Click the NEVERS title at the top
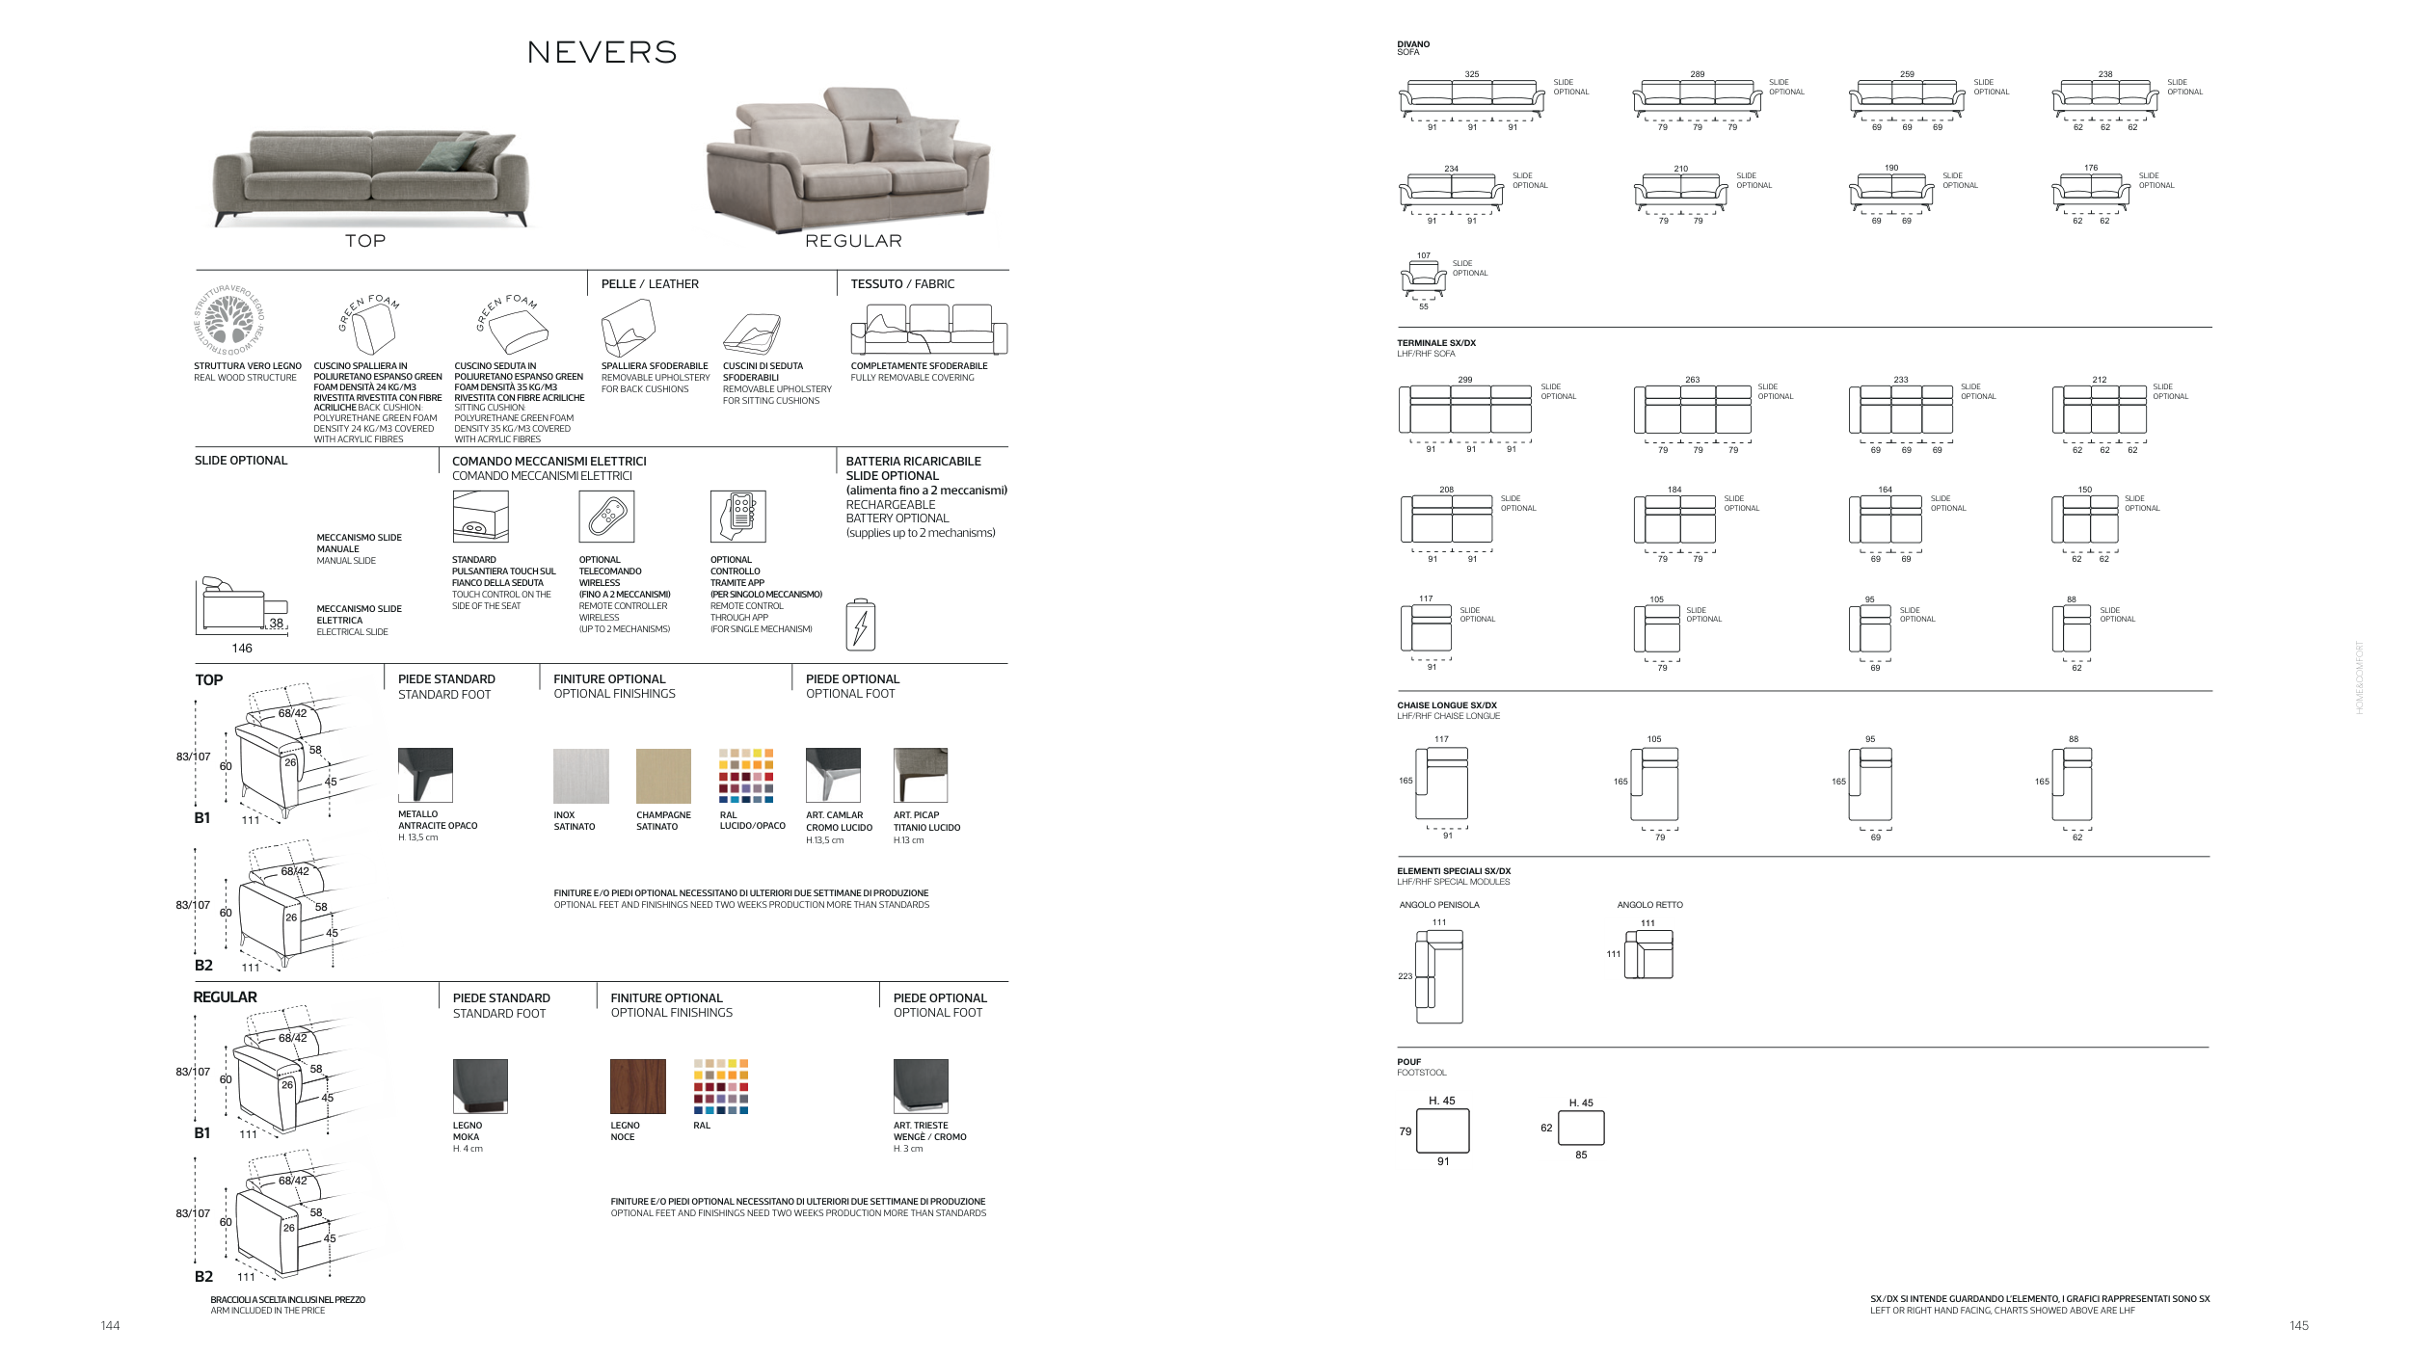[602, 52]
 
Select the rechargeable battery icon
[860, 624]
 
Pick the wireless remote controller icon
[606, 517]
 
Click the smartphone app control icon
[737, 517]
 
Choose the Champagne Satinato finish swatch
[663, 776]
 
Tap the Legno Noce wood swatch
[637, 1086]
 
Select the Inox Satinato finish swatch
[580, 776]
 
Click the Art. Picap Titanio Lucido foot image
[920, 775]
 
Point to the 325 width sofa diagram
[1471, 97]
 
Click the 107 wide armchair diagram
[1423, 279]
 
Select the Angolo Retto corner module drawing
[1648, 954]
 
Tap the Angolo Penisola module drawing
[1439, 976]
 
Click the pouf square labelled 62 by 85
[1581, 1129]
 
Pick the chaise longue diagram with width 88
[2072, 784]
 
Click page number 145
[2298, 1326]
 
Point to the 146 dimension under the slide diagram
[242, 649]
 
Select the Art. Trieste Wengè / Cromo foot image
[920, 1086]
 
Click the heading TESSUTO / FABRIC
[902, 284]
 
